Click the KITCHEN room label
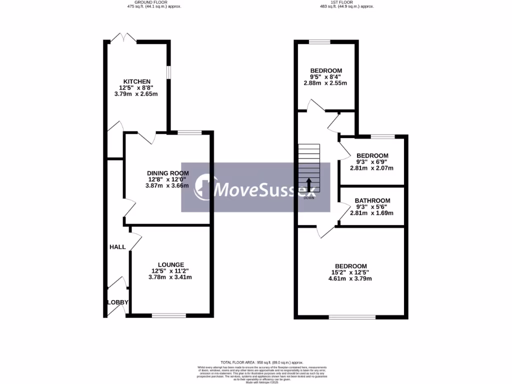pos(136,81)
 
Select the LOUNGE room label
pos(170,264)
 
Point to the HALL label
pos(117,247)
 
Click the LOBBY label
pos(118,302)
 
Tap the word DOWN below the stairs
pos(309,197)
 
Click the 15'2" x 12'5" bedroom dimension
pos(350,272)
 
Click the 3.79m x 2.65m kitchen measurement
pos(136,93)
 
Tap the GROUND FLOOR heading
pos(153,2)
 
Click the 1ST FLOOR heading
pos(346,2)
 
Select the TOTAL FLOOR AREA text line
pos(262,362)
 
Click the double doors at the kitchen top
pos(123,38)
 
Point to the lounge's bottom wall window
pos(168,315)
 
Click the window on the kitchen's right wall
pos(168,72)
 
